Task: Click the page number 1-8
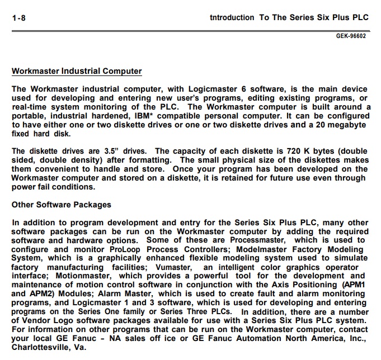18,17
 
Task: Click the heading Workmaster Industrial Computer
77,72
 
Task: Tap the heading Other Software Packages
62,205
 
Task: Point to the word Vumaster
166,267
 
